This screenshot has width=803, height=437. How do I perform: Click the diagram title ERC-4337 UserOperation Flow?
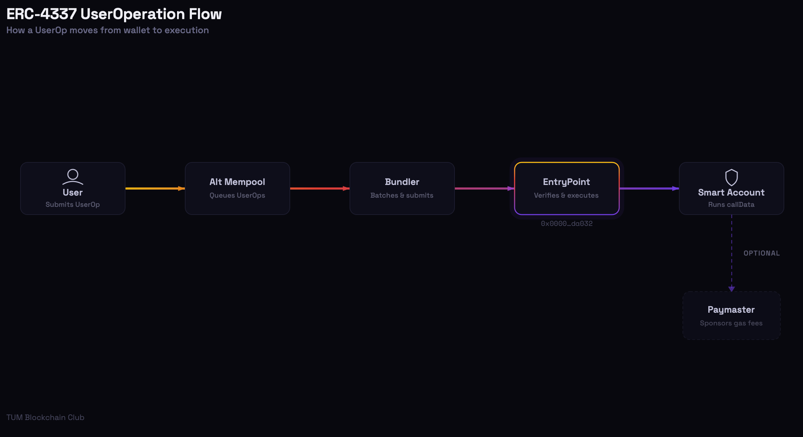click(x=114, y=14)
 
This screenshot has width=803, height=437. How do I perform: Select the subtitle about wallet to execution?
click(x=108, y=30)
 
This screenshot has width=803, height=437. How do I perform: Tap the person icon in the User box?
click(x=73, y=177)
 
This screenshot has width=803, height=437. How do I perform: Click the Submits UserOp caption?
click(x=73, y=204)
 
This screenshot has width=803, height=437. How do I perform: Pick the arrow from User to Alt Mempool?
click(x=155, y=188)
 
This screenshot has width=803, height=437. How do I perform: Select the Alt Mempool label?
click(x=237, y=182)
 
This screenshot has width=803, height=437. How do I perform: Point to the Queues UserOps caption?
click(x=237, y=195)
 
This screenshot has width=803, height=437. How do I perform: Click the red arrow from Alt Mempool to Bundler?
click(x=320, y=188)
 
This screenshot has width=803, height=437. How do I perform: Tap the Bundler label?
click(x=402, y=182)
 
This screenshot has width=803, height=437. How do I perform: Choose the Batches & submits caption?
click(x=402, y=195)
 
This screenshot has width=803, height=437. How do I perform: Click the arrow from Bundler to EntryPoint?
click(x=485, y=188)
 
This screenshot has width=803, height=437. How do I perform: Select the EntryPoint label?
click(x=567, y=182)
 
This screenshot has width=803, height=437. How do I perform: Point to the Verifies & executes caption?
click(x=567, y=195)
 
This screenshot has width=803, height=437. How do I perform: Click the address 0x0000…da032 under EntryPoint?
click(x=567, y=224)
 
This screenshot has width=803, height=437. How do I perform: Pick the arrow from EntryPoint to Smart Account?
click(x=649, y=188)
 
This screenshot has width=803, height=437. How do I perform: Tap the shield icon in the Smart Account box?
click(x=732, y=177)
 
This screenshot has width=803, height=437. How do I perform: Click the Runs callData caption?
click(x=732, y=204)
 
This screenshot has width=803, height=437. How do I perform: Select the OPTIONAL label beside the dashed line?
click(x=762, y=253)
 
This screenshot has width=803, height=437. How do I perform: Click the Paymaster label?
click(x=731, y=310)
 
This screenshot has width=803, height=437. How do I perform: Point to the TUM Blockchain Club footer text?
click(x=45, y=417)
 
